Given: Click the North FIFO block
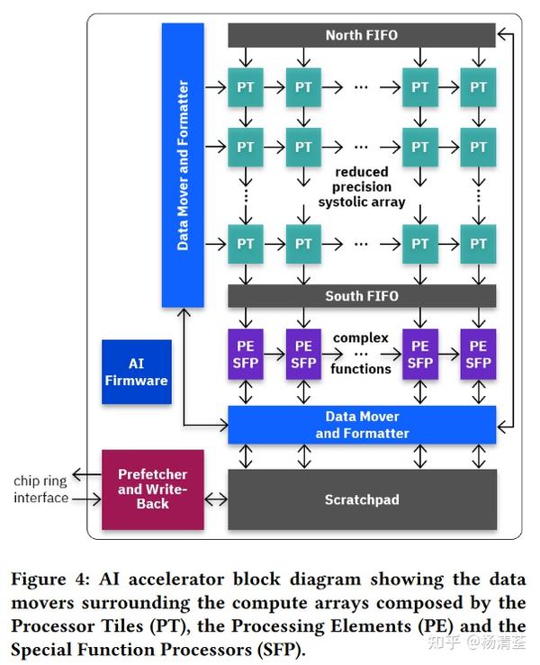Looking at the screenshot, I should (361, 35).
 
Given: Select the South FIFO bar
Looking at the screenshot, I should (361, 296).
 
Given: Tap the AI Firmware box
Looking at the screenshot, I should (137, 372).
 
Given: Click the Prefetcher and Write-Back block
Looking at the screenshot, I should (152, 490).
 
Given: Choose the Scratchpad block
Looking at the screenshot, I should (361, 499).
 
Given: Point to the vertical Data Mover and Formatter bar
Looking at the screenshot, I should (184, 165).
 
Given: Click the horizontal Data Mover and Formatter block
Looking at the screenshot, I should (361, 425).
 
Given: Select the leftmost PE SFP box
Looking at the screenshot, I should (246, 354).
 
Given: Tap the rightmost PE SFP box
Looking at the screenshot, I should (478, 354).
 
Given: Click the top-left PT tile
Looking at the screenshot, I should (246, 87).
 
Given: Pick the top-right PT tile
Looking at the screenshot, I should (478, 87).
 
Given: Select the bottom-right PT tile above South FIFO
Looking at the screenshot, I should (478, 243).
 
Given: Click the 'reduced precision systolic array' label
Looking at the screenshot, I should (361, 187).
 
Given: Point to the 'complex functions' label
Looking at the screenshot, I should (361, 354).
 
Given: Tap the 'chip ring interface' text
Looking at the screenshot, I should (40, 490).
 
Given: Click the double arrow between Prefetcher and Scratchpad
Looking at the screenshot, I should (216, 498).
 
